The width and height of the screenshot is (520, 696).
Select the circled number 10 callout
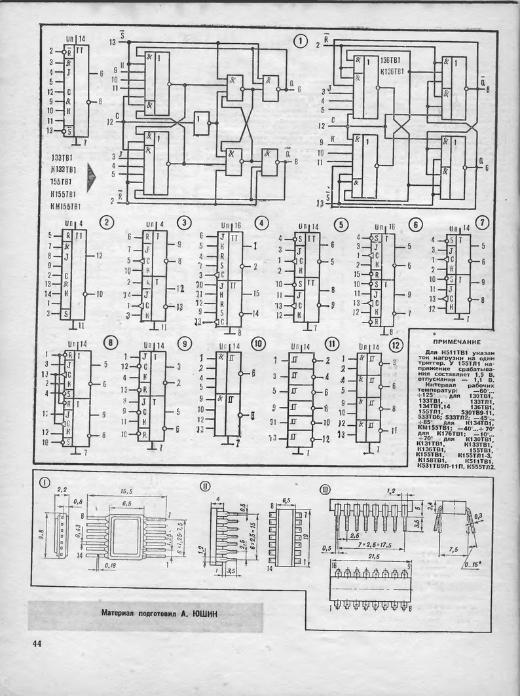(x=258, y=343)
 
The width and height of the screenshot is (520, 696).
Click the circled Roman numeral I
(x=45, y=483)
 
